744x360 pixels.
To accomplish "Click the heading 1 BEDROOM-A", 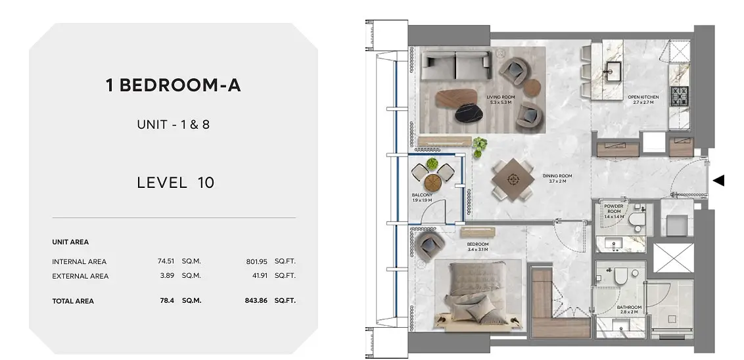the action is tap(174, 85).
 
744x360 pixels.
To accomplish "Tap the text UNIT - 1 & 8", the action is tap(174, 125).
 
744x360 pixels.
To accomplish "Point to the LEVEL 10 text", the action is tap(175, 183).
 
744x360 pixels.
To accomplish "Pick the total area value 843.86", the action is tap(256, 301).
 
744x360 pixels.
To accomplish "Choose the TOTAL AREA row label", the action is tap(73, 301).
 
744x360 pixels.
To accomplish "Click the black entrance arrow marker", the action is tap(719, 180).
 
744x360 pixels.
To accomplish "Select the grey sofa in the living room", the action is tap(456, 66).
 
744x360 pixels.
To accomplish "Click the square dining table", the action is tap(512, 179).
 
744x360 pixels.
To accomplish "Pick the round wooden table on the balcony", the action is tap(432, 182).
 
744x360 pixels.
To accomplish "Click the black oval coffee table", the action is tap(469, 112).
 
